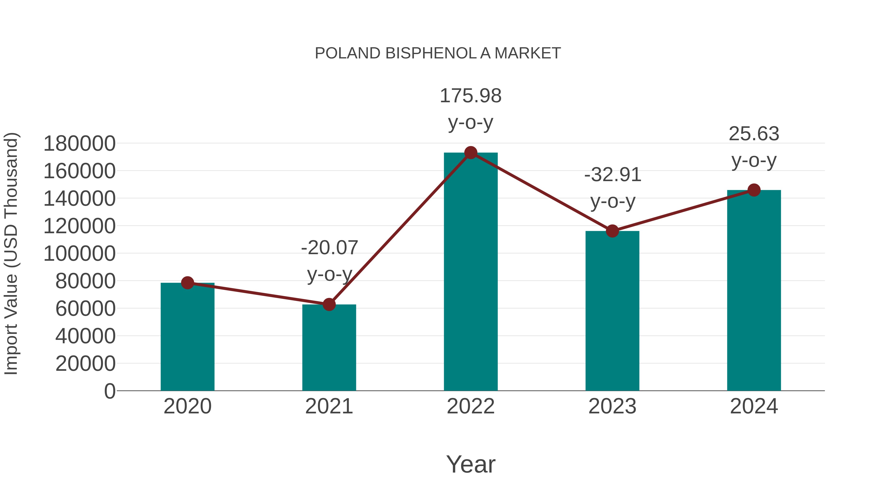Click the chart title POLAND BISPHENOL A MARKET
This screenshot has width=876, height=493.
coord(438,53)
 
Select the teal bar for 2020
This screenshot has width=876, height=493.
coord(187,337)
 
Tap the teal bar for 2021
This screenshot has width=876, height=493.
coord(329,348)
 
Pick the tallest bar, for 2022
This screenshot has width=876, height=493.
coord(471,272)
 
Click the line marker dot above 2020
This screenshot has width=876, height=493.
coord(187,282)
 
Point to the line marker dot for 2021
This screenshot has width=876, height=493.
coord(329,305)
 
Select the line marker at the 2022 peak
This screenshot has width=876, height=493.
coord(471,153)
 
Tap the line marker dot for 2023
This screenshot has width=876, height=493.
coord(612,231)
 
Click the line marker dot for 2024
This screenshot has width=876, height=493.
coord(754,190)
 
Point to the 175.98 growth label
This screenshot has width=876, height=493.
coord(471,96)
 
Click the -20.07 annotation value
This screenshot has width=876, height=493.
coord(329,247)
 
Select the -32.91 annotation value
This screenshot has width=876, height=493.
coord(613,175)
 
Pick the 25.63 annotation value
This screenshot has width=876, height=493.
coord(754,133)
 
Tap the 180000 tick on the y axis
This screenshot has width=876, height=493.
coord(80,144)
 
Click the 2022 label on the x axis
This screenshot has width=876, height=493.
coord(471,406)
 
